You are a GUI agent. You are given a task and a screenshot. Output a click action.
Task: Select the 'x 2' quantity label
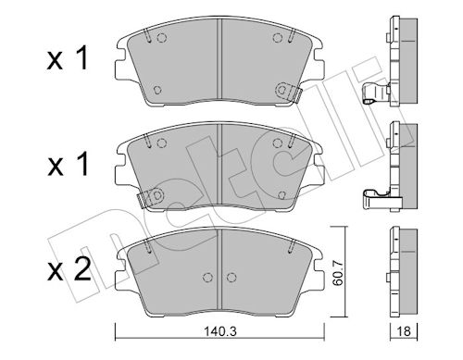point(69,269)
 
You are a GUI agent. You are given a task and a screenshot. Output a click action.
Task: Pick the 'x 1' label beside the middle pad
point(68,165)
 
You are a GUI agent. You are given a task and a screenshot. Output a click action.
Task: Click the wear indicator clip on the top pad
point(288,91)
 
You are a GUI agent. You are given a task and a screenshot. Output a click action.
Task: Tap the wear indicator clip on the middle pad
point(150,197)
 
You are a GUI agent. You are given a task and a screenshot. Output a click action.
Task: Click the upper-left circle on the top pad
point(161,38)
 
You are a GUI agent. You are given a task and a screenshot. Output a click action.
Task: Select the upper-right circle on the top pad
point(278,38)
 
